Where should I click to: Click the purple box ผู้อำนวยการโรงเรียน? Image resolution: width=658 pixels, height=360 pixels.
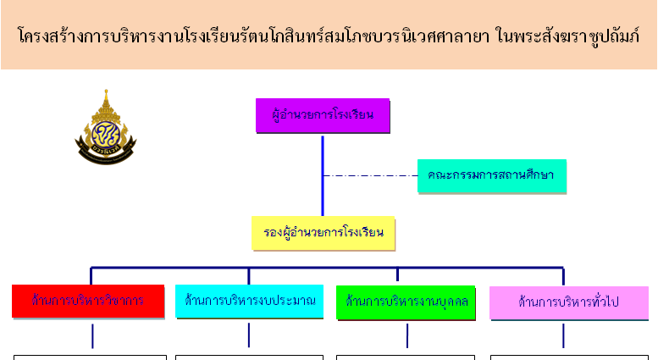323,115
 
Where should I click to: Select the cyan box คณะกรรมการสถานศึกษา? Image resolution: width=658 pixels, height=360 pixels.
490,176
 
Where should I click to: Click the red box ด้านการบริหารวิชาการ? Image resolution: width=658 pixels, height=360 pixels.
86,301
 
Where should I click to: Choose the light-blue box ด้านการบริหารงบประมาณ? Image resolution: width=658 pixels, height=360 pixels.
249,301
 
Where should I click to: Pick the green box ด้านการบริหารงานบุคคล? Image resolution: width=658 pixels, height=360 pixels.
406,302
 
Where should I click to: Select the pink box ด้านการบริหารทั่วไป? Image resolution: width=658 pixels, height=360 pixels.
568,302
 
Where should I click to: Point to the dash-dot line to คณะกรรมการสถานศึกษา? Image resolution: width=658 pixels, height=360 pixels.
369,176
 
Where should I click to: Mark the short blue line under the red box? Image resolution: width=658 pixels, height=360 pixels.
92,335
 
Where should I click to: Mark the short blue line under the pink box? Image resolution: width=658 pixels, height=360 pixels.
563,335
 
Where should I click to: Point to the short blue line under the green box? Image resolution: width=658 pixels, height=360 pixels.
407,335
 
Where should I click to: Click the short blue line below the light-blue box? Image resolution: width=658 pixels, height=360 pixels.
249,335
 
